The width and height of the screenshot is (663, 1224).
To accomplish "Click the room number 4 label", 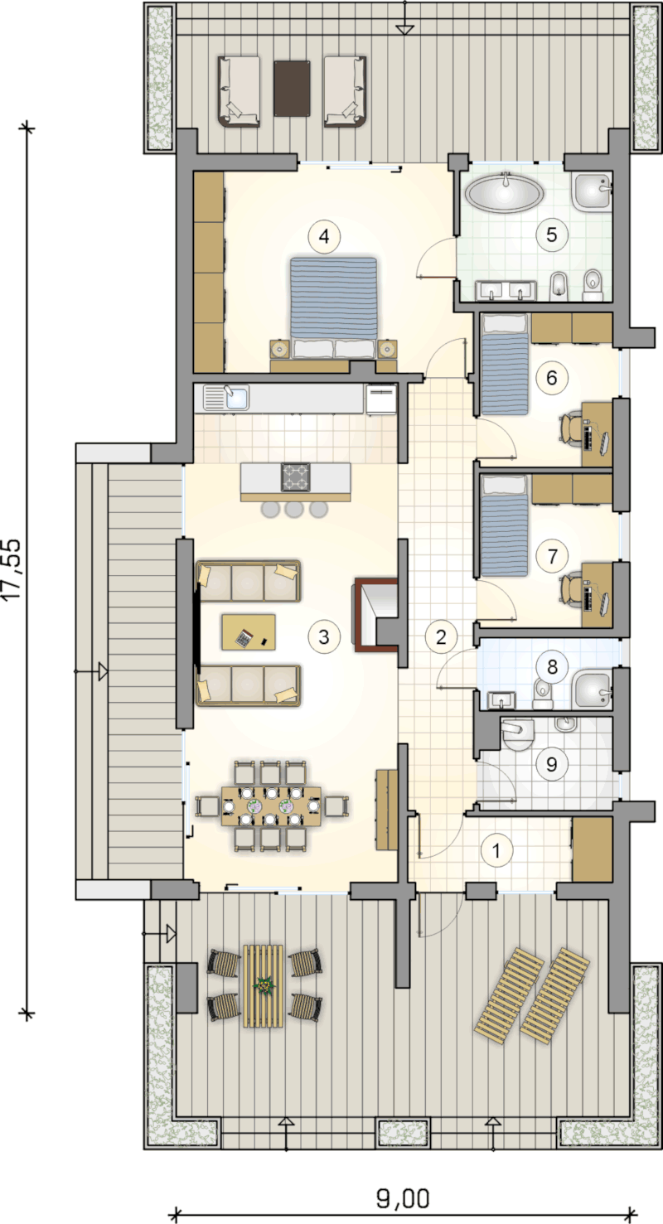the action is [x=324, y=237].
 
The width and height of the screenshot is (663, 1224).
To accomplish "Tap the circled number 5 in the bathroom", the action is [x=551, y=235].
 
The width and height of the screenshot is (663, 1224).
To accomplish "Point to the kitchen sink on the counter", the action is [x=226, y=397].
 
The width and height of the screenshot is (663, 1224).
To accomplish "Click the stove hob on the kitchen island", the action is [x=296, y=477].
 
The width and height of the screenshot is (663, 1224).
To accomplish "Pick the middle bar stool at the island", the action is [x=294, y=510].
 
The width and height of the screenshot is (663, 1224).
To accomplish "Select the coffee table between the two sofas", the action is [x=248, y=632].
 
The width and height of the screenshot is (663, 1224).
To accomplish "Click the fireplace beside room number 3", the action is [x=376, y=615].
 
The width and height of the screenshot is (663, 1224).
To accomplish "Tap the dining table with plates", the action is [x=271, y=806].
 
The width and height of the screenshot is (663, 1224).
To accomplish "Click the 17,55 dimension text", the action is [x=12, y=568].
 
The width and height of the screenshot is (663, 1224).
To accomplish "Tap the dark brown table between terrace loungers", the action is [x=293, y=88].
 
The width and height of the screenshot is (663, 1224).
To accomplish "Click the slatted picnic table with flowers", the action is [x=264, y=986].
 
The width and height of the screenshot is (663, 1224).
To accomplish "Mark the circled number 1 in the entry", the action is [x=496, y=850].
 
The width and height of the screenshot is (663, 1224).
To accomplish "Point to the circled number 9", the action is [x=551, y=764].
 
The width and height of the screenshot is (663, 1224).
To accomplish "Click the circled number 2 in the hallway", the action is [x=441, y=636].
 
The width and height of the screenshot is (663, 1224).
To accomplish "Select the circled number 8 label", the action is [x=552, y=667].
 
